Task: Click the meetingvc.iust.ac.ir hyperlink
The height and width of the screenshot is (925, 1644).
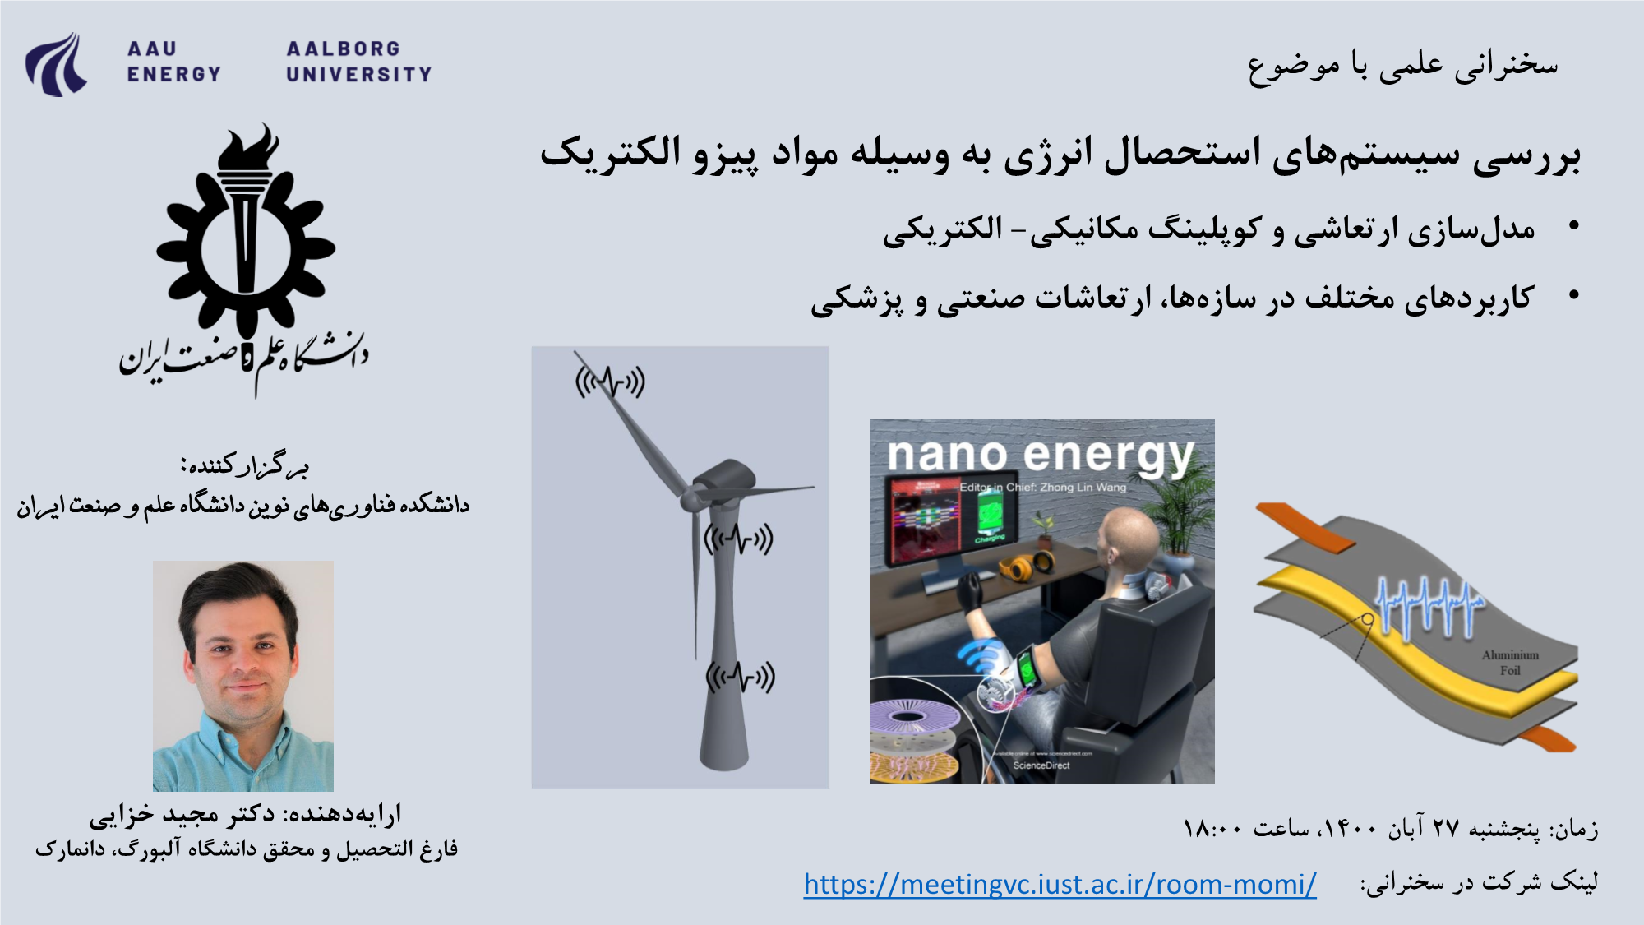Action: (x=1060, y=885)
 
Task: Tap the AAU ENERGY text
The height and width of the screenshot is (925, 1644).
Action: (x=173, y=62)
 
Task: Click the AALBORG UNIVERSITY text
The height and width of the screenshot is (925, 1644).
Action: (x=358, y=62)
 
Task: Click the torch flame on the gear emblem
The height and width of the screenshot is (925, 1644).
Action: (x=248, y=148)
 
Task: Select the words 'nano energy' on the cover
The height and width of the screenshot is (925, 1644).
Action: (x=1041, y=455)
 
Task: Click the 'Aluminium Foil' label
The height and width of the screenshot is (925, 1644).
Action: (x=1510, y=663)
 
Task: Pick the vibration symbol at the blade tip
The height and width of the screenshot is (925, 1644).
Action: (x=610, y=382)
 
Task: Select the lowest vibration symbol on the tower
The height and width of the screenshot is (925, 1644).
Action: (x=741, y=678)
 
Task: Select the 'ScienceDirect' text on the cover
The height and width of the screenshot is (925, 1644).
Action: (x=1041, y=765)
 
